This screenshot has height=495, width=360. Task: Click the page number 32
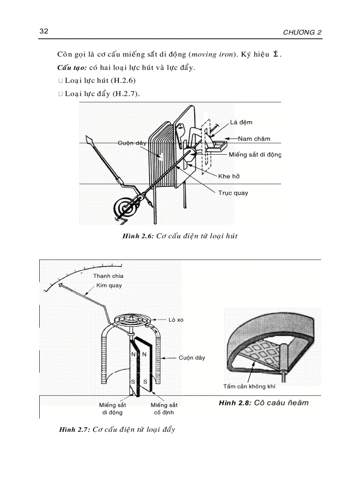44,31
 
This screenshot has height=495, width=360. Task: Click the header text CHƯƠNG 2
302,33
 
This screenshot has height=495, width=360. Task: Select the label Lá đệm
241,122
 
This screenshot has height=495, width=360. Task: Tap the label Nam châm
254,138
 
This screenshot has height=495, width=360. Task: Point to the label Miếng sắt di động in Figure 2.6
255,155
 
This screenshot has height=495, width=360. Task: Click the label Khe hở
229,176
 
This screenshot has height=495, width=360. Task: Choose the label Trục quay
233,193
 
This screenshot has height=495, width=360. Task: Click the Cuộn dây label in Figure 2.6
132,143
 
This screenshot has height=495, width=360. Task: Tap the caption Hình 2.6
180,236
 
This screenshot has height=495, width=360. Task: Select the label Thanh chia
108,276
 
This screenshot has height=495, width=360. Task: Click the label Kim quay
109,285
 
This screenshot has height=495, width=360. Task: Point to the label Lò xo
176,320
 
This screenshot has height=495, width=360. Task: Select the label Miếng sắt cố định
164,409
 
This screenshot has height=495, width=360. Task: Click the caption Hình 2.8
263,402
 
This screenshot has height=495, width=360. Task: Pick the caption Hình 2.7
117,429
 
